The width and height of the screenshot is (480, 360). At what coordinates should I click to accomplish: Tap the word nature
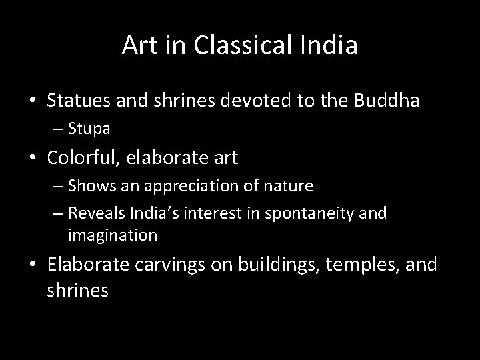click(x=289, y=186)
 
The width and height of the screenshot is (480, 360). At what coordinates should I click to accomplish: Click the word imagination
click(x=112, y=235)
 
